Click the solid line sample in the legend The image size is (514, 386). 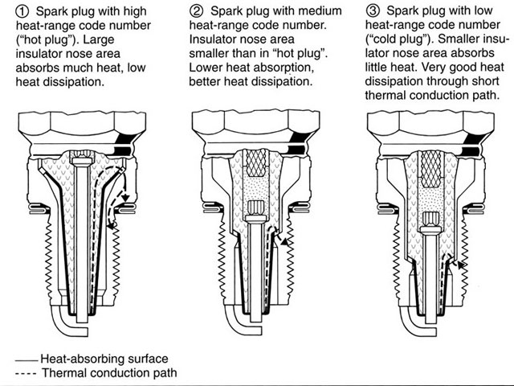[27, 359]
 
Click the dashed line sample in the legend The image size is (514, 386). [27, 373]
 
